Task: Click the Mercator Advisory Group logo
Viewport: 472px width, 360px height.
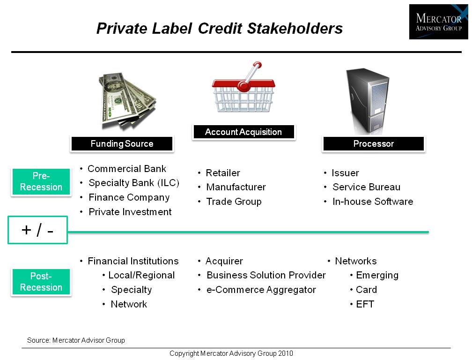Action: (x=439, y=22)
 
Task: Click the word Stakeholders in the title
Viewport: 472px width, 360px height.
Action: (x=295, y=29)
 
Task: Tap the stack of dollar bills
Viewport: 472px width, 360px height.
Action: (x=127, y=100)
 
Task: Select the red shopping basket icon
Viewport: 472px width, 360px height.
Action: (x=243, y=87)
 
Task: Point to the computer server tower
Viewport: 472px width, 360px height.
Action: (x=368, y=101)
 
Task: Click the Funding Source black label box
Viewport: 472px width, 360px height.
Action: (x=122, y=144)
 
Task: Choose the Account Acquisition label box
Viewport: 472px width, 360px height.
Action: (x=243, y=132)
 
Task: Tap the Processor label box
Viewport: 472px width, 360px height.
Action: (x=374, y=144)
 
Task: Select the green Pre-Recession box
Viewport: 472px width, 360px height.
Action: (x=41, y=181)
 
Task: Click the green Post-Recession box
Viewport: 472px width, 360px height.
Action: (x=41, y=282)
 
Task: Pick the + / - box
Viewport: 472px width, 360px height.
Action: (x=37, y=230)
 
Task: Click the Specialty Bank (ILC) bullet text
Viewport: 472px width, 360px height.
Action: (x=134, y=183)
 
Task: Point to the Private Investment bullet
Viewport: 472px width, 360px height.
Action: (x=130, y=212)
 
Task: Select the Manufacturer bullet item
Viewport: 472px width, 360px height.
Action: (x=236, y=187)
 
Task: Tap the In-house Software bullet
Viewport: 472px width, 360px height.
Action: (x=373, y=202)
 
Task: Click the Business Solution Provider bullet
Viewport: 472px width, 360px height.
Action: (x=266, y=275)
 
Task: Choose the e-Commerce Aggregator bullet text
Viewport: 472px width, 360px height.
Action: (x=261, y=290)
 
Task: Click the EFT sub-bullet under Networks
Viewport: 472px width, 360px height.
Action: (x=365, y=304)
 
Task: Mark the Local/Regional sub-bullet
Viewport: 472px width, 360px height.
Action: (x=141, y=275)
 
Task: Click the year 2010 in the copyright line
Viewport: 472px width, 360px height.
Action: (x=285, y=353)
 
